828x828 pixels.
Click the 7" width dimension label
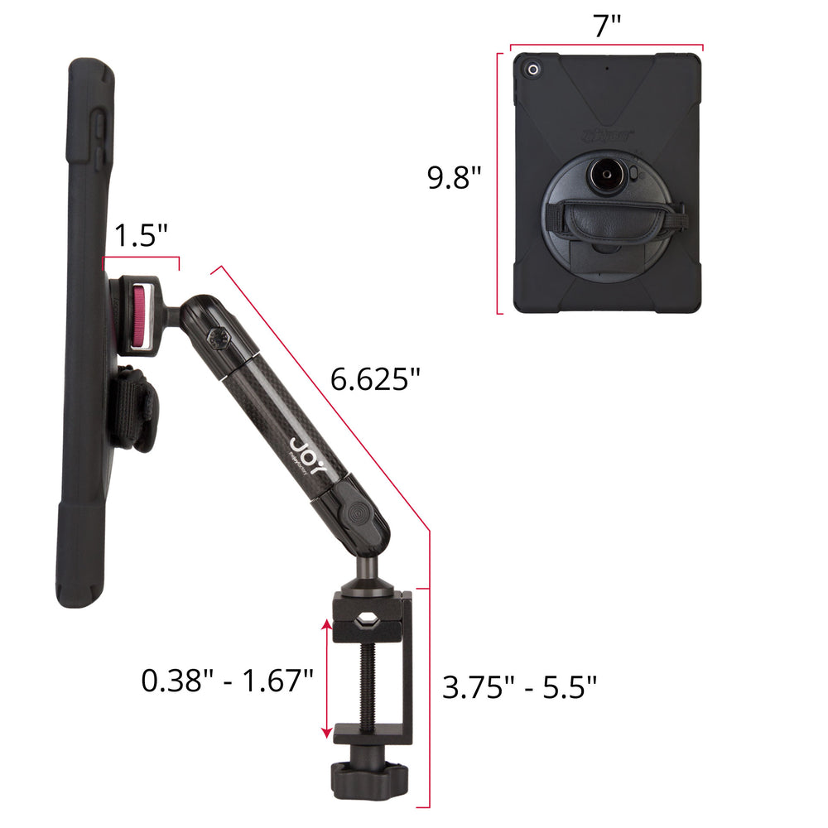pos(607,26)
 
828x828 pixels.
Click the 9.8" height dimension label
pos(454,177)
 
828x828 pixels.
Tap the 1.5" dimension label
pos(141,235)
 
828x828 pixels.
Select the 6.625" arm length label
pos(375,378)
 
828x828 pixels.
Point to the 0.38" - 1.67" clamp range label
pos(227,680)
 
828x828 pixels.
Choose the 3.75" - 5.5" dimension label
pos(519,687)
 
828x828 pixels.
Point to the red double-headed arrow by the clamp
pos(327,679)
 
